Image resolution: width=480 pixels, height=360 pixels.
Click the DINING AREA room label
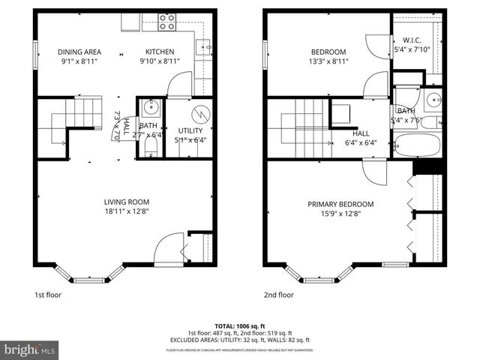tap(79, 52)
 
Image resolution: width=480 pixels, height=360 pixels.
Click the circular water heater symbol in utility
tap(201, 115)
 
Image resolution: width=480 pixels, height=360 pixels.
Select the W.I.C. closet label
tap(412, 40)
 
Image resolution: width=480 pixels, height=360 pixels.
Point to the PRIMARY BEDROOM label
tap(340, 203)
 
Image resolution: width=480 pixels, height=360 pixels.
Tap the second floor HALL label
tap(360, 133)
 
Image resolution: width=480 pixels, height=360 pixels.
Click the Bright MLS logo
tap(29, 349)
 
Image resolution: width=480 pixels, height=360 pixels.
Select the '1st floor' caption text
tap(48, 295)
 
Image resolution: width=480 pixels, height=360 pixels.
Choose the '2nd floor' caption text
tap(278, 295)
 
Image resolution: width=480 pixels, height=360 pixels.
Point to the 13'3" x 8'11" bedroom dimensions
tap(330, 62)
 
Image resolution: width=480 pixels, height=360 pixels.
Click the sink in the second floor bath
tap(432, 99)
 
